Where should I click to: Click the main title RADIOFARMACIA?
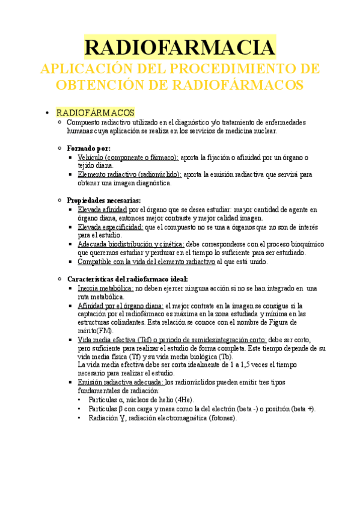(180, 48)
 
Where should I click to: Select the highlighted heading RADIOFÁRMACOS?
(95, 112)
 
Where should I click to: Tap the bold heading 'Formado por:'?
(88, 148)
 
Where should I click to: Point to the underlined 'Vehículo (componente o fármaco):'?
(128, 157)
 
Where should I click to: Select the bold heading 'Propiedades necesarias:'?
(104, 200)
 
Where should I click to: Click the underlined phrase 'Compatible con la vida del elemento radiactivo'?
(146, 262)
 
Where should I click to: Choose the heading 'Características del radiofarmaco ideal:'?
(127, 279)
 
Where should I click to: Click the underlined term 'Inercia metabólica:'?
(105, 288)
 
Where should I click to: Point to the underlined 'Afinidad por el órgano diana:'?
(120, 306)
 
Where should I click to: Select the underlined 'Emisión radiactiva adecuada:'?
(120, 382)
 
